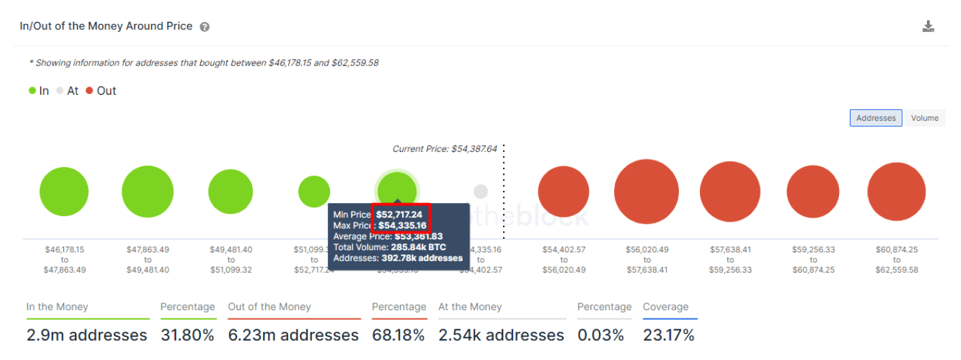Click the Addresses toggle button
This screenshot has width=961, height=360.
pyautogui.click(x=875, y=118)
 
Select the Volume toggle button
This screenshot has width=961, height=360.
pyautogui.click(x=924, y=118)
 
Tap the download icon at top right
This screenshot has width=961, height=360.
pyautogui.click(x=928, y=27)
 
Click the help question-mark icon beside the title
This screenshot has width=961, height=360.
pyautogui.click(x=204, y=27)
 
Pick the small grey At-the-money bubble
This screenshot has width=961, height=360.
pyautogui.click(x=480, y=192)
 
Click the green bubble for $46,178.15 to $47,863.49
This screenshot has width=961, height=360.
pyautogui.click(x=64, y=192)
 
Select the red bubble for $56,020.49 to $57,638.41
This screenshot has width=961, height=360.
pyautogui.click(x=646, y=192)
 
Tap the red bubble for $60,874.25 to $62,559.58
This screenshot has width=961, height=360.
pyautogui.click(x=896, y=192)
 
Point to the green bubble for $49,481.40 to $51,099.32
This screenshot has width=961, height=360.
pyautogui.click(x=231, y=192)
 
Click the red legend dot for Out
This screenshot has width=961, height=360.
pyautogui.click(x=89, y=91)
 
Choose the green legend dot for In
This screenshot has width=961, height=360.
pyautogui.click(x=32, y=91)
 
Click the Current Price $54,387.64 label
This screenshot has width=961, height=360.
pyautogui.click(x=444, y=149)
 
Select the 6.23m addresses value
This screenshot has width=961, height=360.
pyautogui.click(x=293, y=335)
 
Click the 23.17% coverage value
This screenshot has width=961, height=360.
pyautogui.click(x=668, y=335)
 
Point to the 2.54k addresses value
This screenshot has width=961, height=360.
pyautogui.click(x=501, y=335)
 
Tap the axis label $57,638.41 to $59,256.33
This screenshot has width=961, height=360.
pyautogui.click(x=730, y=260)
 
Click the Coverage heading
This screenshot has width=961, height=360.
pyautogui.click(x=665, y=307)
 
